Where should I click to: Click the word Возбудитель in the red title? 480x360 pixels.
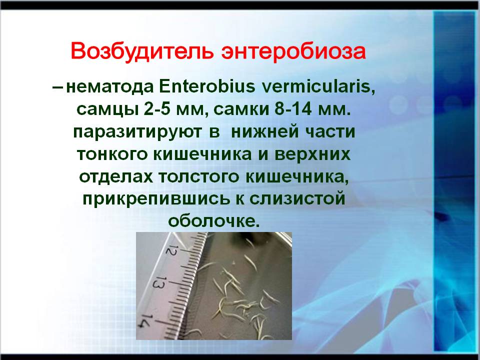pos(142,51)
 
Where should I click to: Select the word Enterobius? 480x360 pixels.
pos(206,86)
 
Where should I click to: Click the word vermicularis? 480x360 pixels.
pos(318,87)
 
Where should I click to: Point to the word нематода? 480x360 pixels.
pos(109,87)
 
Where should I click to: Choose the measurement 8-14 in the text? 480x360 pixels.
pos(293,109)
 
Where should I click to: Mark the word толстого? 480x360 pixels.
pos(198,177)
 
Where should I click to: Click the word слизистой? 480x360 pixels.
pos(297,198)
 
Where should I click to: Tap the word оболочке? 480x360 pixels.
pos(213,221)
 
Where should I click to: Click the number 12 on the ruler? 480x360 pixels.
pos(171,250)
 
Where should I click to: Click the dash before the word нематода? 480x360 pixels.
pos(58,87)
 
